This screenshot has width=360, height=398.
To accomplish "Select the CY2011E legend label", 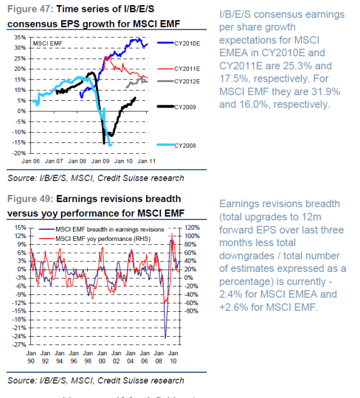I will [187, 69].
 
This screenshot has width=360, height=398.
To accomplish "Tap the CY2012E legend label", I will [187, 82].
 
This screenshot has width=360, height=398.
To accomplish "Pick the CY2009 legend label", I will [185, 106].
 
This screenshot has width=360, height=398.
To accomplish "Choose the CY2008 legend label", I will [185, 145].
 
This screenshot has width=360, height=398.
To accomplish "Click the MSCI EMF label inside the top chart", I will [47, 43].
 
